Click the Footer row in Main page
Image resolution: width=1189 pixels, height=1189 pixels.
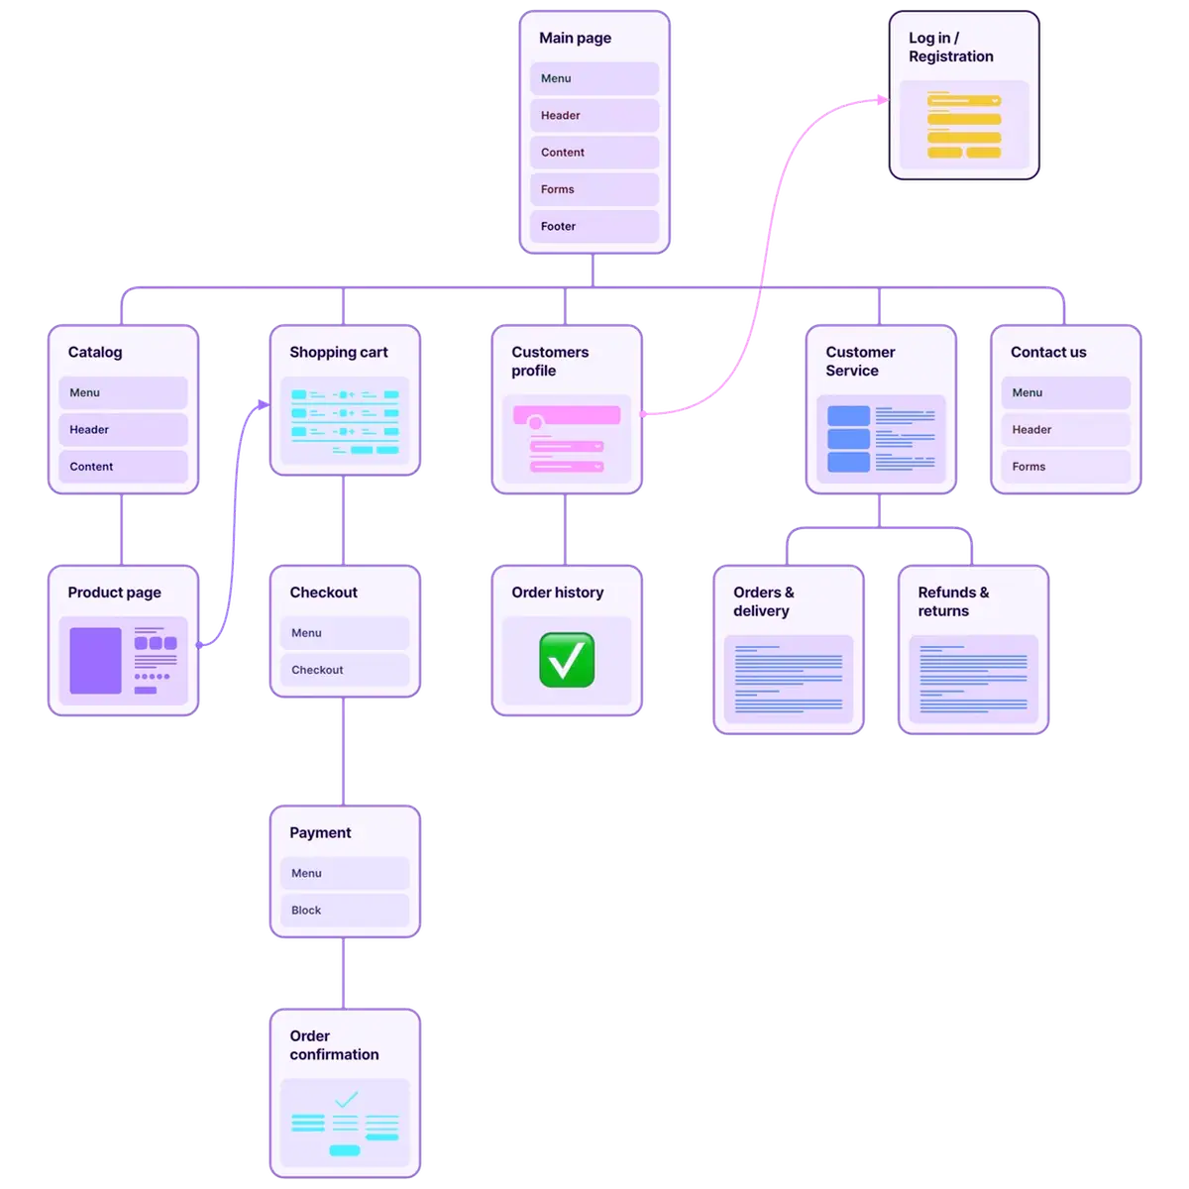594,227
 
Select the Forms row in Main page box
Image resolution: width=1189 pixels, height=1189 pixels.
594,189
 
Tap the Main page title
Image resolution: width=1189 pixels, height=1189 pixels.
575,39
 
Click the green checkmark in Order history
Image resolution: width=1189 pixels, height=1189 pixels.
567,661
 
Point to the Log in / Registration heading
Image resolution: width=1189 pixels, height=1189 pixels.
950,48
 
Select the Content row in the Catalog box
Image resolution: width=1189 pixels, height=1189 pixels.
123,467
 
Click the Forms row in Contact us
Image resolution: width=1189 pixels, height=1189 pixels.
1065,467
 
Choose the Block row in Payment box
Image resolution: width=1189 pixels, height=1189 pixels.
344,911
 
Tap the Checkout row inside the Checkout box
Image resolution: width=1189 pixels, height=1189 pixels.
344,670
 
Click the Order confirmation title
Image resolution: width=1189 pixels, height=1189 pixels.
334,1045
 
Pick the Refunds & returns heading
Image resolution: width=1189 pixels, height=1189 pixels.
953,601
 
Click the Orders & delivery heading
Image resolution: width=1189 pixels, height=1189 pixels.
763,601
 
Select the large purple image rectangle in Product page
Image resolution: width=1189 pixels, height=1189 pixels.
95,661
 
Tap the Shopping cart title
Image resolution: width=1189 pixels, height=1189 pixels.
338,353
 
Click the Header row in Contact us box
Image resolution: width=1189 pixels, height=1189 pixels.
1065,430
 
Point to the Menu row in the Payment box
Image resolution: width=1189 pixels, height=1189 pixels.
344,874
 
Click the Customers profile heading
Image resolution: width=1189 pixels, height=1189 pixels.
550,362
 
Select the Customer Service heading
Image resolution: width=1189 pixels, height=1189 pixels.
860,362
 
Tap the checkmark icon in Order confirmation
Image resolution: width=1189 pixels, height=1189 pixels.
346,1099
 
